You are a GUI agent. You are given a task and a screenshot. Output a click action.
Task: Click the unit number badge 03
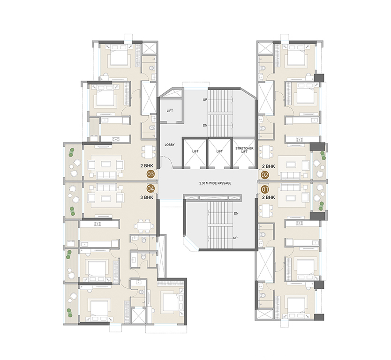(x=150, y=174)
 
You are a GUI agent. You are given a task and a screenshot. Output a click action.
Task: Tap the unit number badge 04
(x=150, y=189)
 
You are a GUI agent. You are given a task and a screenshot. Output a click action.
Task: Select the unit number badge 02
(x=265, y=175)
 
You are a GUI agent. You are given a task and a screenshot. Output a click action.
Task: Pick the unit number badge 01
(x=265, y=189)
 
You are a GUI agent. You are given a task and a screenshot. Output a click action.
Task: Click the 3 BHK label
(x=147, y=197)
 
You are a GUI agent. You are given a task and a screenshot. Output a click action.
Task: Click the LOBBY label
(x=169, y=144)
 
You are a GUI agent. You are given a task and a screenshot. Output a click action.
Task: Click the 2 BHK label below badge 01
(x=269, y=197)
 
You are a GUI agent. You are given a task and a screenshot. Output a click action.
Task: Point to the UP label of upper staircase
(x=205, y=100)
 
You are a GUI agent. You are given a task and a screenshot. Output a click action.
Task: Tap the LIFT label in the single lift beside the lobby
(x=170, y=111)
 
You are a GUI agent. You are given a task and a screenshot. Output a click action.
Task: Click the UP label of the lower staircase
(x=235, y=238)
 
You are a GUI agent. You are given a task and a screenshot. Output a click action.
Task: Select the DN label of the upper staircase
(x=205, y=125)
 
